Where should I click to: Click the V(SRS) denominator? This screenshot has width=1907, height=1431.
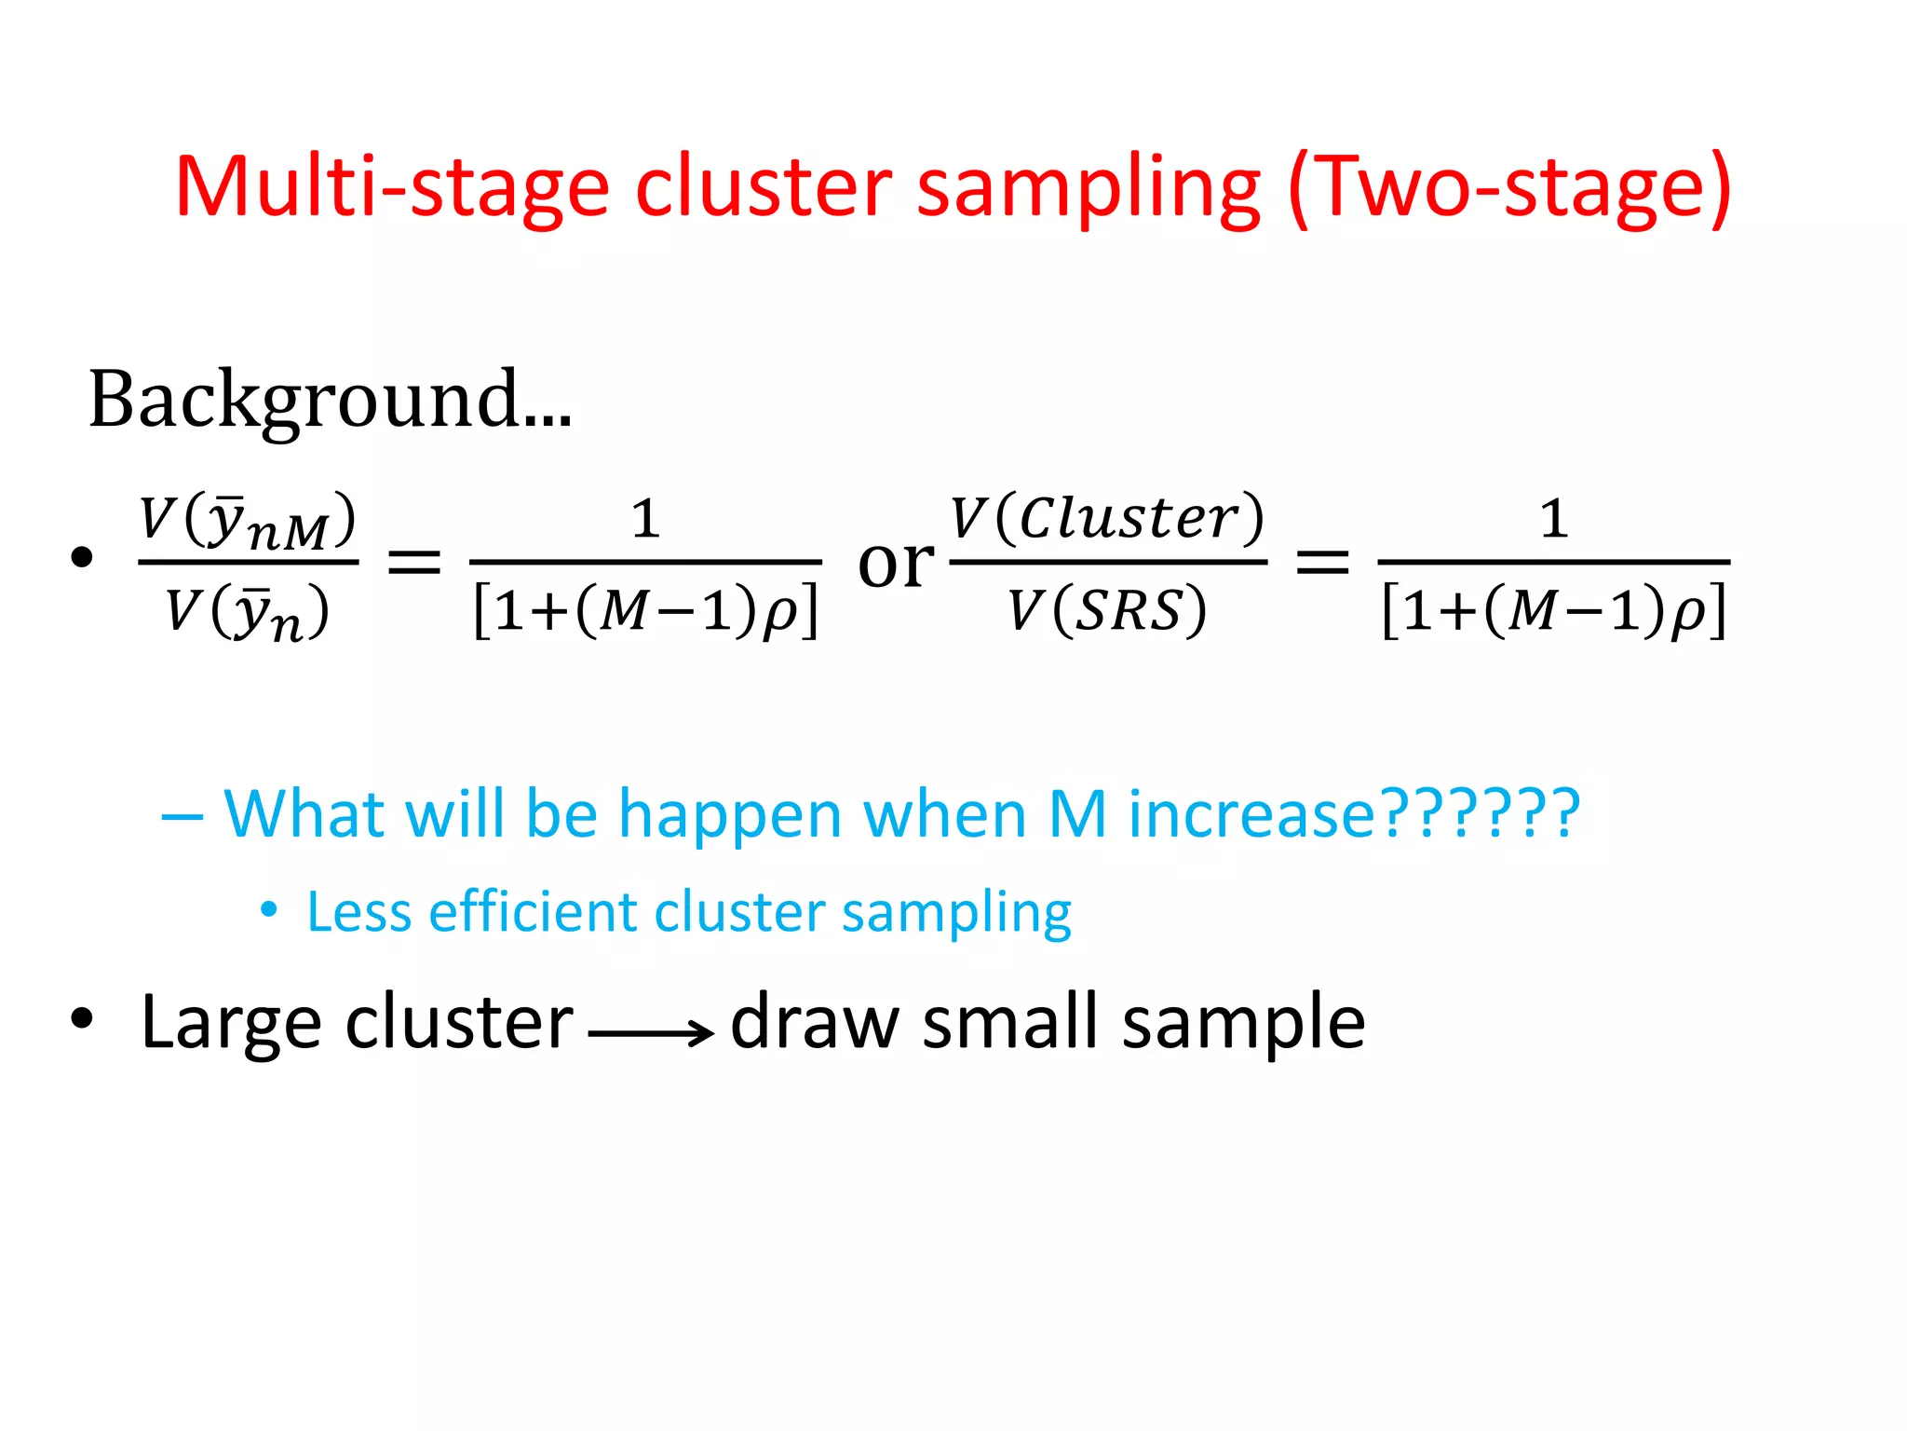(1107, 611)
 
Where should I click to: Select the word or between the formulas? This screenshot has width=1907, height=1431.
(895, 562)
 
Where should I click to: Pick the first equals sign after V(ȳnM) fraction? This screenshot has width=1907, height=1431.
(413, 562)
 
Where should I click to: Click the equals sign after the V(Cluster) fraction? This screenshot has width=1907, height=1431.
(1322, 562)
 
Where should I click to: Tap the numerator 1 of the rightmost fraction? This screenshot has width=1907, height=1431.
(1553, 518)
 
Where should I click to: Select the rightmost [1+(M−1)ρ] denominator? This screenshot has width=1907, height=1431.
(1553, 611)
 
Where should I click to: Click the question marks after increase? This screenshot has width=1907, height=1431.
(1479, 813)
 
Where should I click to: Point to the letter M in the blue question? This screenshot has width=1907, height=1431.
(1077, 813)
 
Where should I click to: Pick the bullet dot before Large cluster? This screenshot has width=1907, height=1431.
(82, 1018)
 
